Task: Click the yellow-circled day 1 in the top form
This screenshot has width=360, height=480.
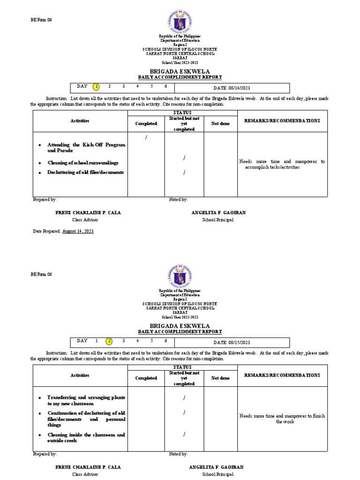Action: pos(96,87)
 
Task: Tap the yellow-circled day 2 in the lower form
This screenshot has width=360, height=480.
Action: pos(109,341)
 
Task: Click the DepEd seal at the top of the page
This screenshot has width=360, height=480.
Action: pos(180,21)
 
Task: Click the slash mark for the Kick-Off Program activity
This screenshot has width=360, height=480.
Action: pos(146,137)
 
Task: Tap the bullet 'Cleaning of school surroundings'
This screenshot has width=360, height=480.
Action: pos(82,163)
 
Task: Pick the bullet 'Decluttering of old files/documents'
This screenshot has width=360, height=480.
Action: pos(85,172)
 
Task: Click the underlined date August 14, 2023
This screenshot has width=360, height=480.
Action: pos(78,232)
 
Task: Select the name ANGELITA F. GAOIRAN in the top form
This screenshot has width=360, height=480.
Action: pos(218,213)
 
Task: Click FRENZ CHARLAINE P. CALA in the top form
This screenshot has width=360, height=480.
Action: pos(88,213)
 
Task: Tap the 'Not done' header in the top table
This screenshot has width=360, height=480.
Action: pos(220,123)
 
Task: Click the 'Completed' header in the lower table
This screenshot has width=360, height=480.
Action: pos(146,378)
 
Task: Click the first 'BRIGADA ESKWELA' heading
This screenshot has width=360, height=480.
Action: pos(180,71)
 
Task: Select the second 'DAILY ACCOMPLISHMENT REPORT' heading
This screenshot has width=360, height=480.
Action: pos(180,332)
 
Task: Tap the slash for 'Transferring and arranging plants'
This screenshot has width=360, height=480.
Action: pos(184,398)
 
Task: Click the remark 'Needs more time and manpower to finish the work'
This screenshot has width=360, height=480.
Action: pos(282,419)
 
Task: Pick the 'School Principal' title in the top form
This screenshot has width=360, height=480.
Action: pos(217,220)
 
